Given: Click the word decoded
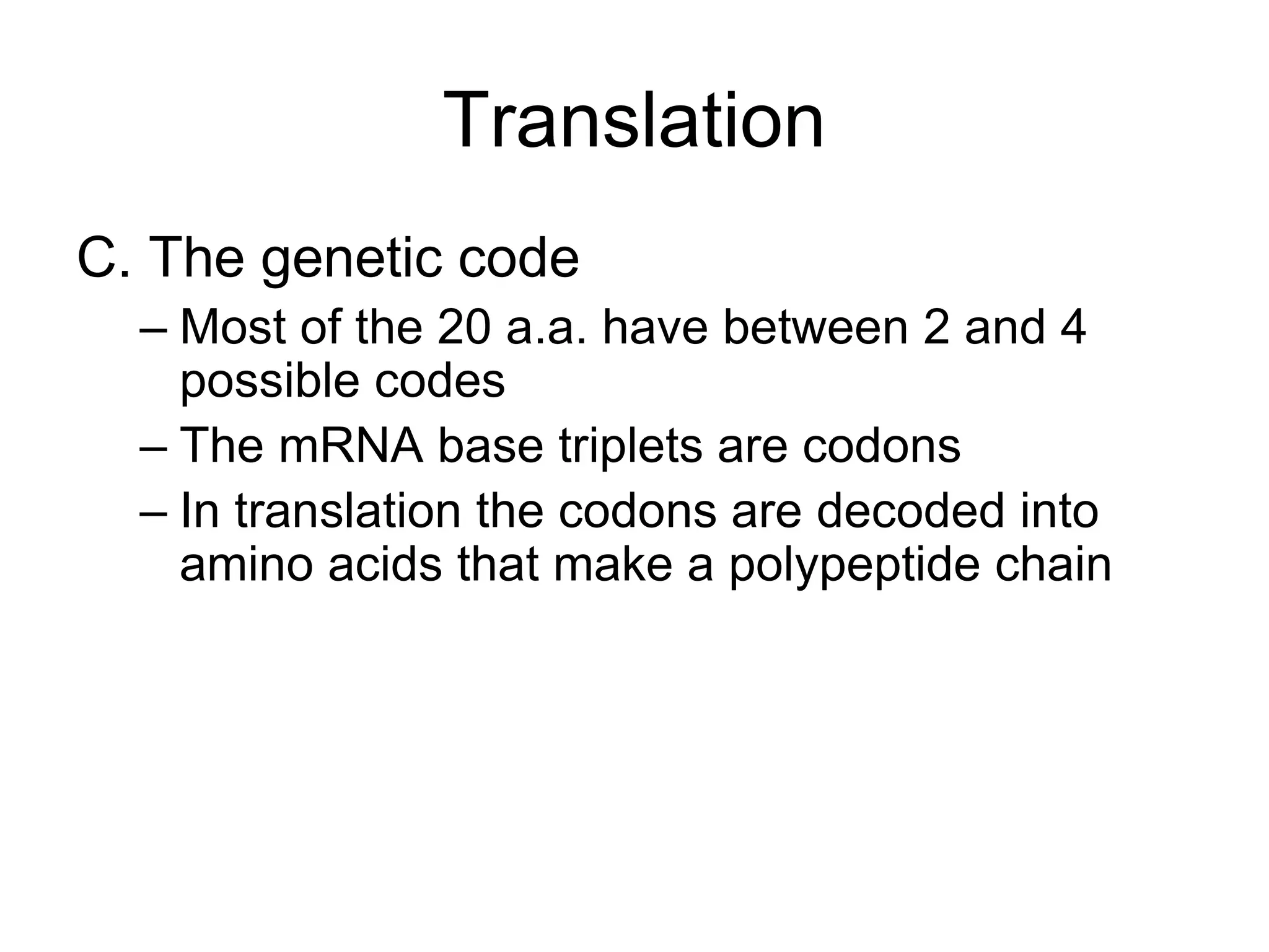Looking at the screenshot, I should pos(910,511).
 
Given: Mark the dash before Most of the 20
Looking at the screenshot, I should pos(153,328).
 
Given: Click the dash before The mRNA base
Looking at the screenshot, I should pos(153,447).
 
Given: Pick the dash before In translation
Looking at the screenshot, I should pos(153,513).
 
